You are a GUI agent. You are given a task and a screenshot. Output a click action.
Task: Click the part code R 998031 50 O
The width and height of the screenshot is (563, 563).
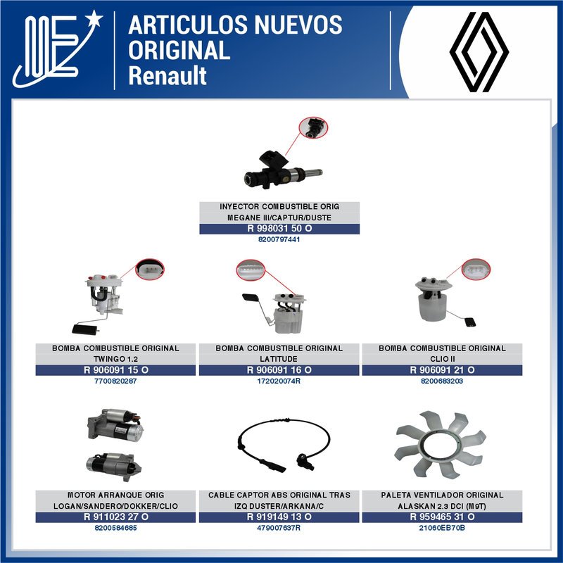click(279, 229)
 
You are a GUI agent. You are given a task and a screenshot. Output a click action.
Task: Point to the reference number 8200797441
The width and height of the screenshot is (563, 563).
click(279, 240)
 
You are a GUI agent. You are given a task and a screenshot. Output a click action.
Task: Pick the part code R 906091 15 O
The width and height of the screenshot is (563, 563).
click(116, 370)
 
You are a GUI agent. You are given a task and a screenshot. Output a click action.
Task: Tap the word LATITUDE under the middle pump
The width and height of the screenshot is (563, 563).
click(279, 359)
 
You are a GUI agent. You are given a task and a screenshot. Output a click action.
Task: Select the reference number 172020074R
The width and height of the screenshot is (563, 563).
click(279, 381)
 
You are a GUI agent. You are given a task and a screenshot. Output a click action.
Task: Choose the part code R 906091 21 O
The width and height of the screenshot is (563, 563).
click(442, 370)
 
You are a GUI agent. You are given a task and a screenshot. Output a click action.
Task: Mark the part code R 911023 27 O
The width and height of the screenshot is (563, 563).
click(116, 517)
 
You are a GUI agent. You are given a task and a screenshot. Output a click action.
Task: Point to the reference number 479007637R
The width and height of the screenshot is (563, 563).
click(279, 528)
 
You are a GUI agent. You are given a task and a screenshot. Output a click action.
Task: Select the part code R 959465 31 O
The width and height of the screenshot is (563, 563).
click(442, 517)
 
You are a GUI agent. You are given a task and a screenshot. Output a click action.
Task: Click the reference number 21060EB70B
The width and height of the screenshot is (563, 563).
click(442, 528)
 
